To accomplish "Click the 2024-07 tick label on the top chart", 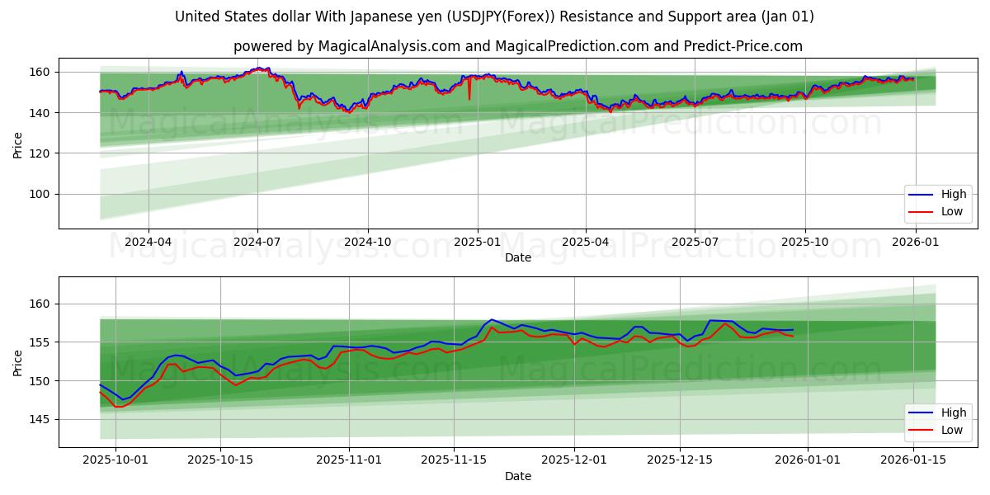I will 257,242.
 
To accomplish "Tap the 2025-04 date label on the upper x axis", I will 586,242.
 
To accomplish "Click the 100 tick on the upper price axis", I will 42,194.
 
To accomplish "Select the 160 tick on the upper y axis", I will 42,73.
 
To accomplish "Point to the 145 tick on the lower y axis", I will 42,420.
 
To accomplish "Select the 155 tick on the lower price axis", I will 42,342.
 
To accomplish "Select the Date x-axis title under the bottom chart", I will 518,476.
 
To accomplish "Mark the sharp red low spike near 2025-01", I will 469,98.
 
